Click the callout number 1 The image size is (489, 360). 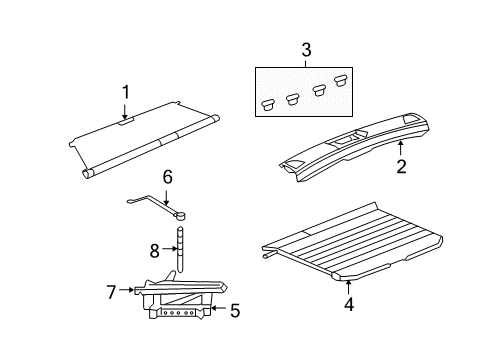pyautogui.click(x=126, y=93)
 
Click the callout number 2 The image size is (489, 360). pyautogui.click(x=401, y=168)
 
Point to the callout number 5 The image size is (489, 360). pyautogui.click(x=234, y=310)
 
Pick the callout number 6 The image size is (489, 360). pyautogui.click(x=168, y=178)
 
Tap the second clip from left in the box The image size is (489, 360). pyautogui.click(x=293, y=97)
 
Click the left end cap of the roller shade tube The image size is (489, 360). pyautogui.click(x=88, y=173)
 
